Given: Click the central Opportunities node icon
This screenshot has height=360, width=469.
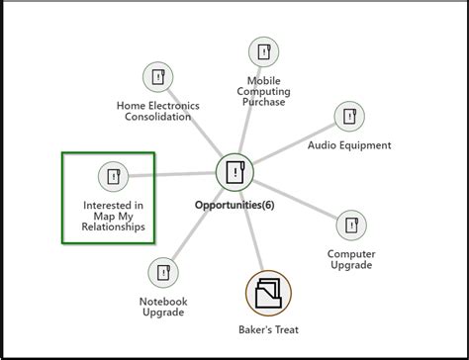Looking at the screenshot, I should [234, 172].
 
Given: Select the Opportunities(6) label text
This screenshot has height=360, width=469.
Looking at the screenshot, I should [235, 207].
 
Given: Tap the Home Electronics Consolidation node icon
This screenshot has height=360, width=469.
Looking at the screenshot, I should [158, 77].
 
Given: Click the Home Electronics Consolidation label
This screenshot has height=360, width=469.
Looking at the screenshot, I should [158, 111].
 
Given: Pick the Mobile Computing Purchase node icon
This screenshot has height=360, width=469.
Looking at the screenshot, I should [264, 51].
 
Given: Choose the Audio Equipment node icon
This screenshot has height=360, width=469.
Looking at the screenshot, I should [349, 116].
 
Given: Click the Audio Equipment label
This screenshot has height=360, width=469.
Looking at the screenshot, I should [349, 145].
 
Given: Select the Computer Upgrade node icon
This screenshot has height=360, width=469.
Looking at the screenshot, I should [351, 225].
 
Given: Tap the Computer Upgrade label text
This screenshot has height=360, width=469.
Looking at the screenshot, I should [351, 259].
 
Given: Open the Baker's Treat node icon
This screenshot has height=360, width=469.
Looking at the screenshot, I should [268, 293].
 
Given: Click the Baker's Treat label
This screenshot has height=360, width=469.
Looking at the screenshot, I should [268, 329].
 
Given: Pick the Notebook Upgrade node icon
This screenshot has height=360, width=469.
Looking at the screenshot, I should [163, 272].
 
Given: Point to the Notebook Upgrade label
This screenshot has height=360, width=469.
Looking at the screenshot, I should [163, 306].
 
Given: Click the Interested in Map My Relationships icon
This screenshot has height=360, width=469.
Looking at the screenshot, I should [113, 177].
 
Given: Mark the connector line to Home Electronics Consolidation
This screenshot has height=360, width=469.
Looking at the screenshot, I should [196, 125].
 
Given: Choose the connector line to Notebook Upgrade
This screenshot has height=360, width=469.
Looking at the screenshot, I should [198, 224].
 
